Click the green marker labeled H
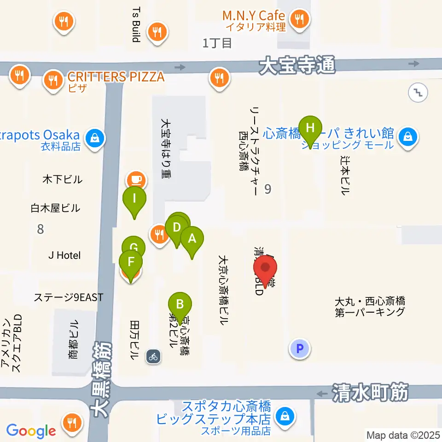coord(311,128)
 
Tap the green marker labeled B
coord(180,304)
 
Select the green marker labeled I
coord(134,199)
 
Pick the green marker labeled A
coord(192,239)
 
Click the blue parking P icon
coord(300,348)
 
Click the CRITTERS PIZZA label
coord(116,76)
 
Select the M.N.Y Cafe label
coord(253,16)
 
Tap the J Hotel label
coord(64,255)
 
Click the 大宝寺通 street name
coord(297,66)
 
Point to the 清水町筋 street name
coord(369,393)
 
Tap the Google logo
coord(31,431)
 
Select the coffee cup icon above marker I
coord(135,178)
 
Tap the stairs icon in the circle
coord(418,92)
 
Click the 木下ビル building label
coord(63,179)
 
